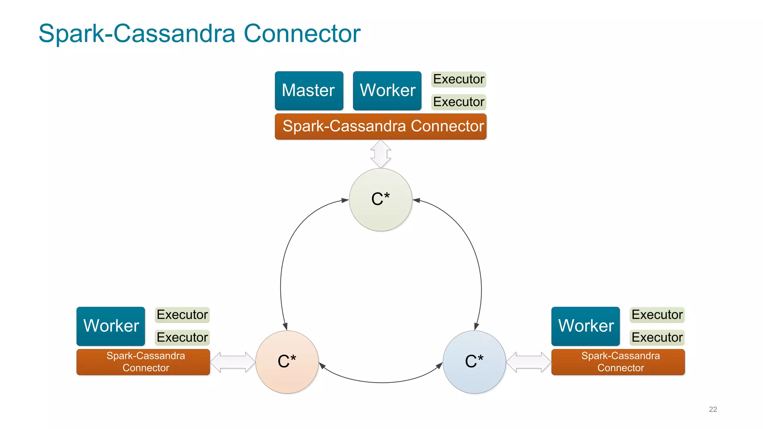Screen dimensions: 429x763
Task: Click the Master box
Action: click(309, 90)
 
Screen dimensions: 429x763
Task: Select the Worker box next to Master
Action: click(387, 90)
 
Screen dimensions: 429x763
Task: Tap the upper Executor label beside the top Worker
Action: click(459, 79)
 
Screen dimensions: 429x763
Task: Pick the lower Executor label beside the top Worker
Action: click(459, 102)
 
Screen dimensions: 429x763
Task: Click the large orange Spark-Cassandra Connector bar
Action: click(380, 126)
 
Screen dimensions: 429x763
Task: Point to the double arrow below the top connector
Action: click(380, 154)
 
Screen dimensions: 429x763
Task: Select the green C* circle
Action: click(380, 200)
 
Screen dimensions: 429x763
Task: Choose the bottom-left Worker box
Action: click(111, 326)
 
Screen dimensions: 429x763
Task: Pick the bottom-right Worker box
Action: click(586, 326)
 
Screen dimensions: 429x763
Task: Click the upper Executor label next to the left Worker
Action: click(182, 315)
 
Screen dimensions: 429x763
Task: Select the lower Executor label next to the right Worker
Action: click(657, 337)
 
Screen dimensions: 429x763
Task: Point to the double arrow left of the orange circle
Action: click(233, 362)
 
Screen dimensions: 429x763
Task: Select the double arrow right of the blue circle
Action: click(529, 362)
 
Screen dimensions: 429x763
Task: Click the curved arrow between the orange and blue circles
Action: click(381, 382)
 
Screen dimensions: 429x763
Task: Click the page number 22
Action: click(713, 409)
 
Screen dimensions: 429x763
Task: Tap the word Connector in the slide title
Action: click(302, 34)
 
